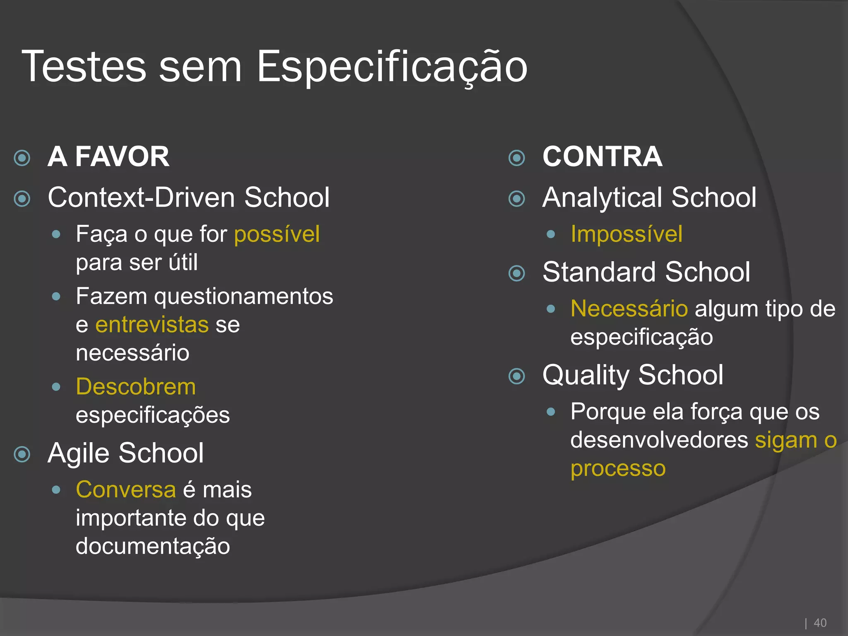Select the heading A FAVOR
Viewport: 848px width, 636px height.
coord(108,157)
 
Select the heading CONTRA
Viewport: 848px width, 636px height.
coord(602,157)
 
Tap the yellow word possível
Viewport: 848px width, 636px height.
coord(277,234)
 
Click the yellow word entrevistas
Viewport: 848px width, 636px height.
coord(152,325)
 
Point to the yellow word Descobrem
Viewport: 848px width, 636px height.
coord(136,387)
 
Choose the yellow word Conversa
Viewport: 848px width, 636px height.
coord(126,490)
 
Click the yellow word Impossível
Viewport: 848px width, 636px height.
coord(626,234)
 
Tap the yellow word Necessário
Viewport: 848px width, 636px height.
coord(629,309)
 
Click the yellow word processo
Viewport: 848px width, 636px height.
coord(618,469)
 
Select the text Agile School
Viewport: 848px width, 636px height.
coord(125,453)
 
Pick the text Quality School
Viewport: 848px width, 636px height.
coord(633,375)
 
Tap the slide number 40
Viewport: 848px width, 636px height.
coord(820,623)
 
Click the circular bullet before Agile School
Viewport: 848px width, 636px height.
coord(22,454)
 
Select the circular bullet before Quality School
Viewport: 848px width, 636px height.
coord(517,376)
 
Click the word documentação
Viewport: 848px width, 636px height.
coord(153,546)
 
